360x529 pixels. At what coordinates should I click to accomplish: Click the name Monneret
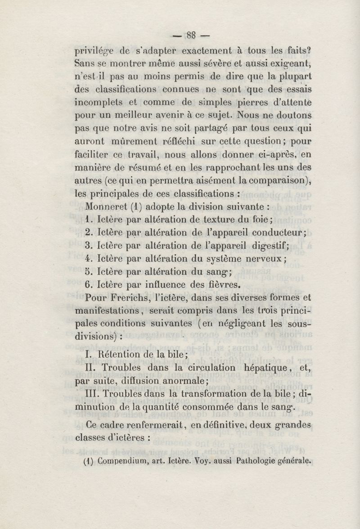click(x=104, y=208)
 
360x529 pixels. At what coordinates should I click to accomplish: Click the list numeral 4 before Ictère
click(x=88, y=258)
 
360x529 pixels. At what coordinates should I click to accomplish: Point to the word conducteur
click(x=272, y=233)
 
